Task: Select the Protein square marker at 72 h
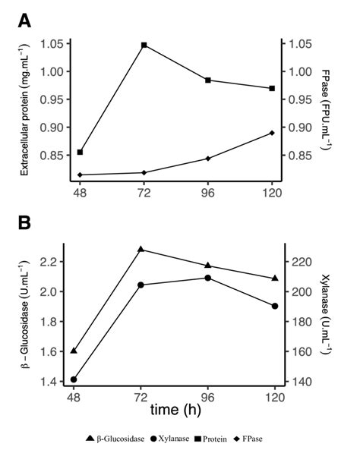tap(144, 46)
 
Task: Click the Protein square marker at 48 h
tap(80, 153)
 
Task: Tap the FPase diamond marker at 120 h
tap(272, 133)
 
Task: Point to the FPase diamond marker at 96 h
tap(208, 159)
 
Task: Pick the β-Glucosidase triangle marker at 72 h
tap(141, 249)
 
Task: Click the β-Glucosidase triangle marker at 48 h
tap(74, 351)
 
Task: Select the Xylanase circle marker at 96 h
tap(208, 278)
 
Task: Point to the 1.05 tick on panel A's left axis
tap(49, 44)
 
